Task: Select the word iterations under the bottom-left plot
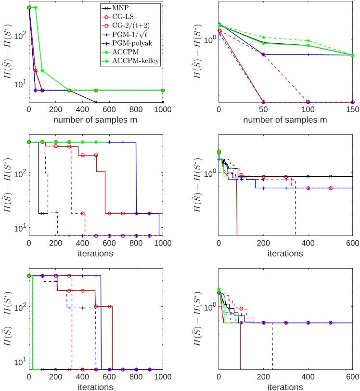[96, 386]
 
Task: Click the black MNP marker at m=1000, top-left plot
[163, 102]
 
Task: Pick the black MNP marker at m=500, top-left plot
[96, 102]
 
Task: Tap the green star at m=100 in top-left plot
[42, 71]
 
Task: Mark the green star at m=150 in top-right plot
[353, 55]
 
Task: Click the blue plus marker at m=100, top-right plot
[308, 54]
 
